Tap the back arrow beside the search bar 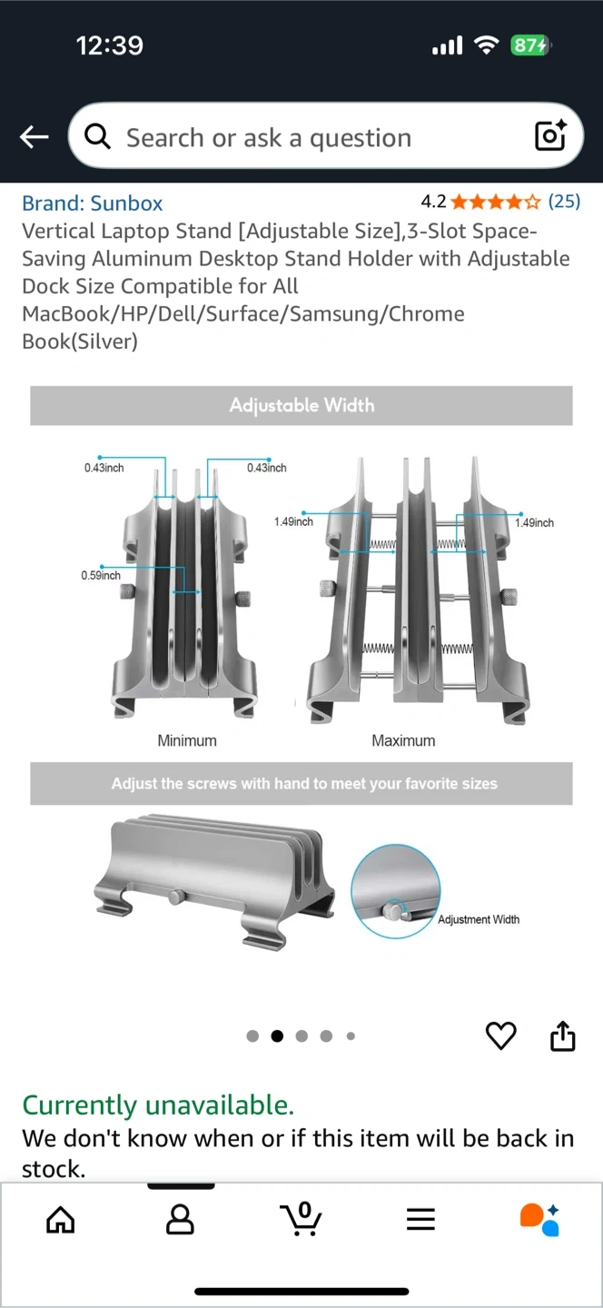pyautogui.click(x=34, y=136)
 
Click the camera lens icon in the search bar pyautogui.click(x=550, y=135)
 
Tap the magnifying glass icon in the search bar pyautogui.click(x=97, y=136)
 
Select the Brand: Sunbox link pyautogui.click(x=93, y=203)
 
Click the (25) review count pyautogui.click(x=564, y=202)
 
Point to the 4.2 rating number pyautogui.click(x=433, y=202)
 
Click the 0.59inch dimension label pyautogui.click(x=101, y=576)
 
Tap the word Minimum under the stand pyautogui.click(x=187, y=740)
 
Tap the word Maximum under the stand pyautogui.click(x=403, y=740)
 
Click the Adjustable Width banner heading pyautogui.click(x=301, y=405)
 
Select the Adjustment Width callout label pyautogui.click(x=479, y=919)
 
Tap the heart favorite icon pyautogui.click(x=501, y=1035)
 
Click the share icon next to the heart pyautogui.click(x=563, y=1035)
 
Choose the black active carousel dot pyautogui.click(x=277, y=1035)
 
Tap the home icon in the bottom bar pyautogui.click(x=61, y=1219)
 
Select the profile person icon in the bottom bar pyautogui.click(x=180, y=1219)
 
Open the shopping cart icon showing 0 pyautogui.click(x=301, y=1219)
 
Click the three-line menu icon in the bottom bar pyautogui.click(x=420, y=1219)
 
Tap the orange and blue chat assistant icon pyautogui.click(x=540, y=1219)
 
